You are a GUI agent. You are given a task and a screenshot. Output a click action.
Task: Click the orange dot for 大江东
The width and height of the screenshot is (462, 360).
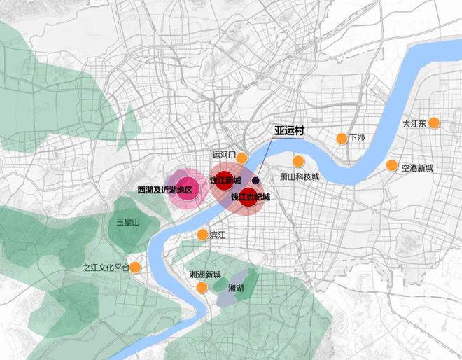coord(434,123)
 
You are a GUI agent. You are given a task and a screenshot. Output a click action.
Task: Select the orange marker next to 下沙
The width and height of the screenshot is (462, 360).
coord(342,138)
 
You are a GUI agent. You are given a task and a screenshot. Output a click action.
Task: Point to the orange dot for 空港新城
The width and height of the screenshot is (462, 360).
coord(391,166)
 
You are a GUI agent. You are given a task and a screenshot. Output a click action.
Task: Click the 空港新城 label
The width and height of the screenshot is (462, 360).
coord(417,168)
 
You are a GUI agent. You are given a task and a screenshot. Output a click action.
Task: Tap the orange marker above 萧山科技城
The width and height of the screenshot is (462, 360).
coord(298,161)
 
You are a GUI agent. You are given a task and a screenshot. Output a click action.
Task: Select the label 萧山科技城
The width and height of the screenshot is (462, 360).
coord(300,177)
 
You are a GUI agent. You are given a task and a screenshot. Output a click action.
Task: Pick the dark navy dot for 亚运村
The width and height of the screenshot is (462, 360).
coord(256,180)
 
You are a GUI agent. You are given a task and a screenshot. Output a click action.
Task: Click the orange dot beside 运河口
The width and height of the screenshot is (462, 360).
coord(242,158)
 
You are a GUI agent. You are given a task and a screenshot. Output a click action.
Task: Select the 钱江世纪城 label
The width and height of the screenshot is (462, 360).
coord(250,197)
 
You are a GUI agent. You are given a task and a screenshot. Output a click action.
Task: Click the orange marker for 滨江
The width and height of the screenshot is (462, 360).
coord(202,235)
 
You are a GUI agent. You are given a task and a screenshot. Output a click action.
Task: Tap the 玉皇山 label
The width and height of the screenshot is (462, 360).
coord(129,222)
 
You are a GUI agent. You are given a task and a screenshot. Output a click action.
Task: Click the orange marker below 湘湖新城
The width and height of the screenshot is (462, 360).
coord(202,288)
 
